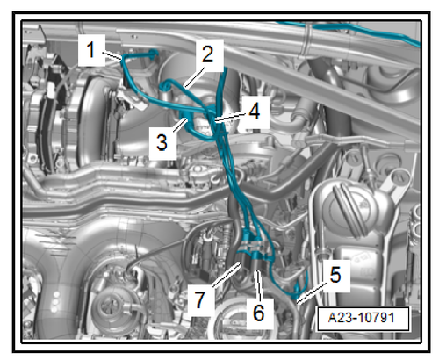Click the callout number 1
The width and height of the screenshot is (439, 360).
[x=91, y=50]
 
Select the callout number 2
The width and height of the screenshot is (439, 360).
[x=208, y=54]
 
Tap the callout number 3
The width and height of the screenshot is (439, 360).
[x=162, y=142]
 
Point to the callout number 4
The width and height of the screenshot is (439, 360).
[x=254, y=112]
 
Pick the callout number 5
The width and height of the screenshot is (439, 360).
[x=335, y=275]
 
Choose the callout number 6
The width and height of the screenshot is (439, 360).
[x=258, y=313]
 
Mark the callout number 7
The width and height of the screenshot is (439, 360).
[x=199, y=300]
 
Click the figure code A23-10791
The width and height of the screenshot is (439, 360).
[x=362, y=318]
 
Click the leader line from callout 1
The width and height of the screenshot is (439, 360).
[x=112, y=55]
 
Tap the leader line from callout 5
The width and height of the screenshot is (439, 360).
[x=311, y=292]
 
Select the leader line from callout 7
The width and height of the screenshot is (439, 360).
[x=227, y=275]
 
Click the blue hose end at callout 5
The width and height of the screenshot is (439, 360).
[x=296, y=292]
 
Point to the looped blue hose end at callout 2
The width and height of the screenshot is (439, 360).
[x=166, y=85]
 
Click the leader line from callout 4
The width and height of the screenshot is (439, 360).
[x=231, y=117]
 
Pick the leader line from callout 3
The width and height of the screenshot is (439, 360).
[x=179, y=125]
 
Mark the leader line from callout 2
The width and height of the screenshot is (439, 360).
[x=194, y=77]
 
